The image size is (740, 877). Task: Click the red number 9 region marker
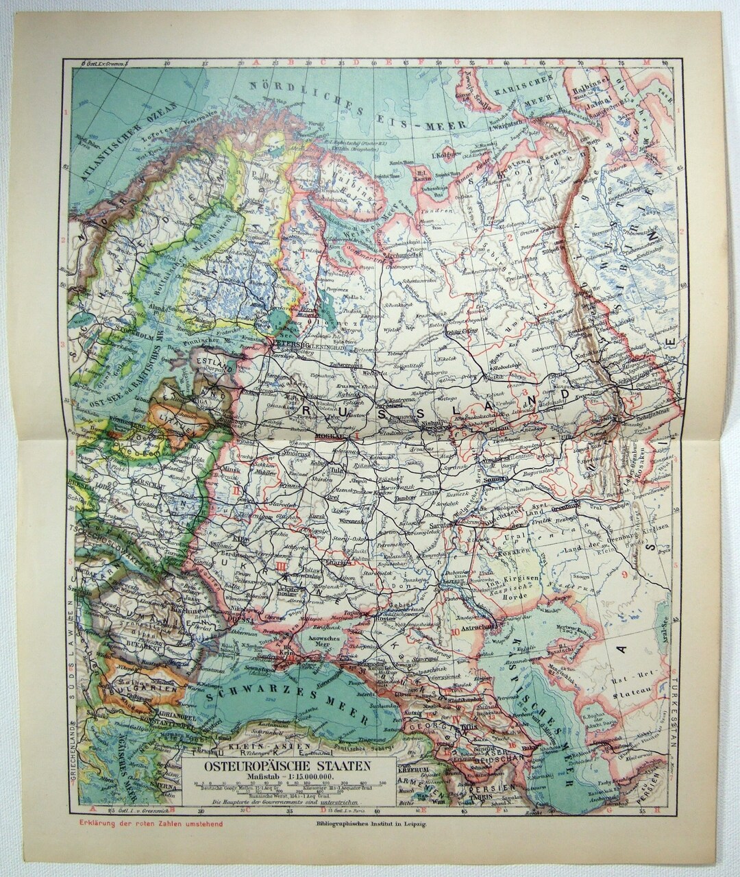pyautogui.click(x=626, y=573)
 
